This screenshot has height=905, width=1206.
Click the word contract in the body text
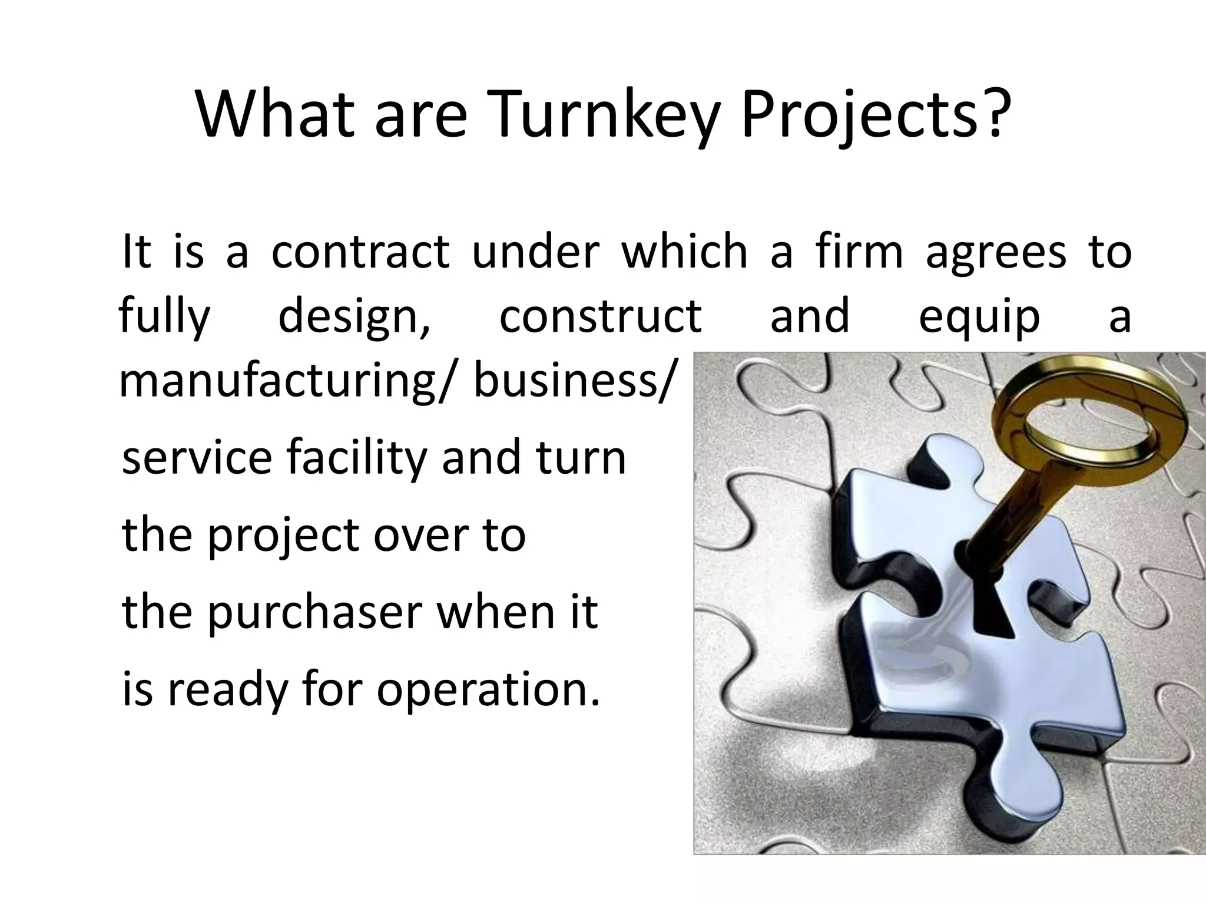[x=360, y=252]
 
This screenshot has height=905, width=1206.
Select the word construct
[x=600, y=316]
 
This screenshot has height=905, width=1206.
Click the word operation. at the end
[x=488, y=691]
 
